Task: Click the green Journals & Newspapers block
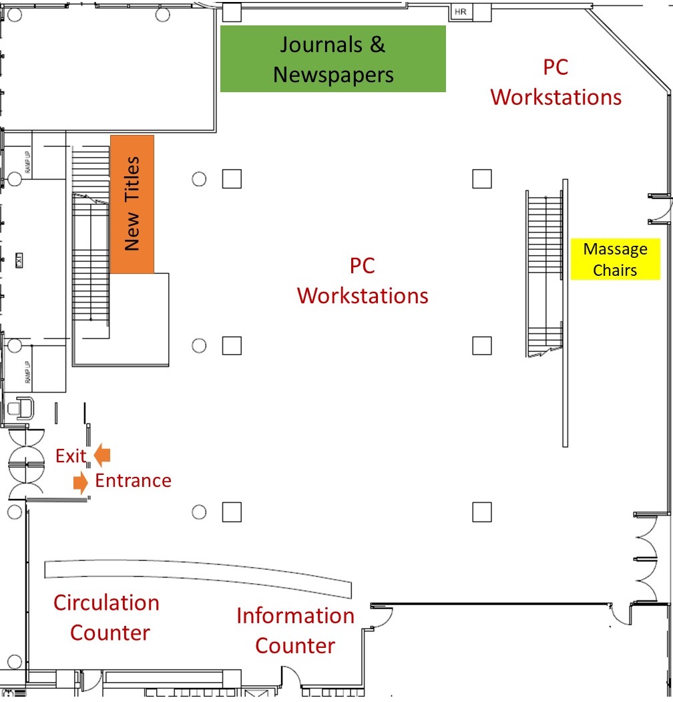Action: pos(332,59)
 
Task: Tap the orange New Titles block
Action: pos(132,204)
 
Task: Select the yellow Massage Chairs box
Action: pos(615,258)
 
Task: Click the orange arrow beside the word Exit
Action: pos(102,455)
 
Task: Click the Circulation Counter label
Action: pos(107,617)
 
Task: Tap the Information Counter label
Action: pos(295,630)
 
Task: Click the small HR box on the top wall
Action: pos(460,12)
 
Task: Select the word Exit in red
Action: pos(71,456)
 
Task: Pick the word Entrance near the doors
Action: pos(133,480)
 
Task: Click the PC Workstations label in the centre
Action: pos(363,281)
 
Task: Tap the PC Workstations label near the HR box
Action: pos(555,81)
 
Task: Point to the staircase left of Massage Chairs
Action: pos(545,274)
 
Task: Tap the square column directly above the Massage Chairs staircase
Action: pos(482,179)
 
